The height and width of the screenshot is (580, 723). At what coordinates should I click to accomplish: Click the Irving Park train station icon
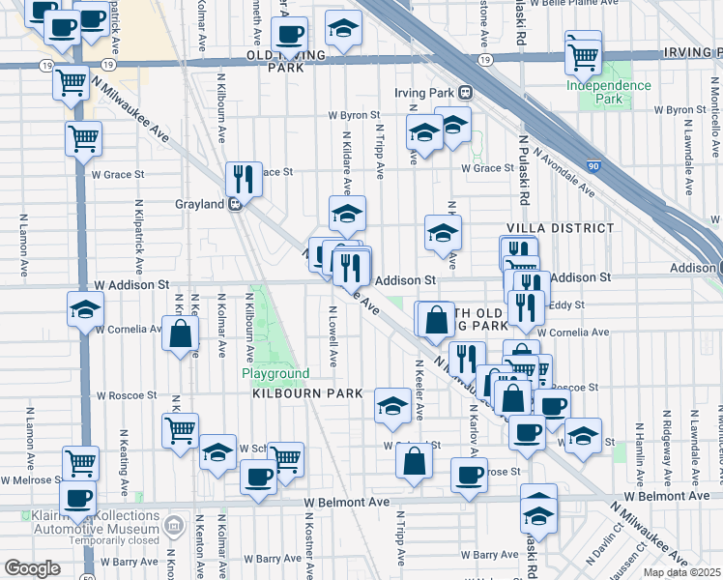[x=465, y=93]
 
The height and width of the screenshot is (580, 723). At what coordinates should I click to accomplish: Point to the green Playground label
[x=275, y=373]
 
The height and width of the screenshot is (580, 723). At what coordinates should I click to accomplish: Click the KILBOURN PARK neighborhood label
[x=306, y=393]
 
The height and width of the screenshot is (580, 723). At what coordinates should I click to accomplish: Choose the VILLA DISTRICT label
[x=560, y=228]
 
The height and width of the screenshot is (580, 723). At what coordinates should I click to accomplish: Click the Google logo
[x=32, y=568]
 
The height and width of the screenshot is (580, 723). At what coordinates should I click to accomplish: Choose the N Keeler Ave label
[x=419, y=391]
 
